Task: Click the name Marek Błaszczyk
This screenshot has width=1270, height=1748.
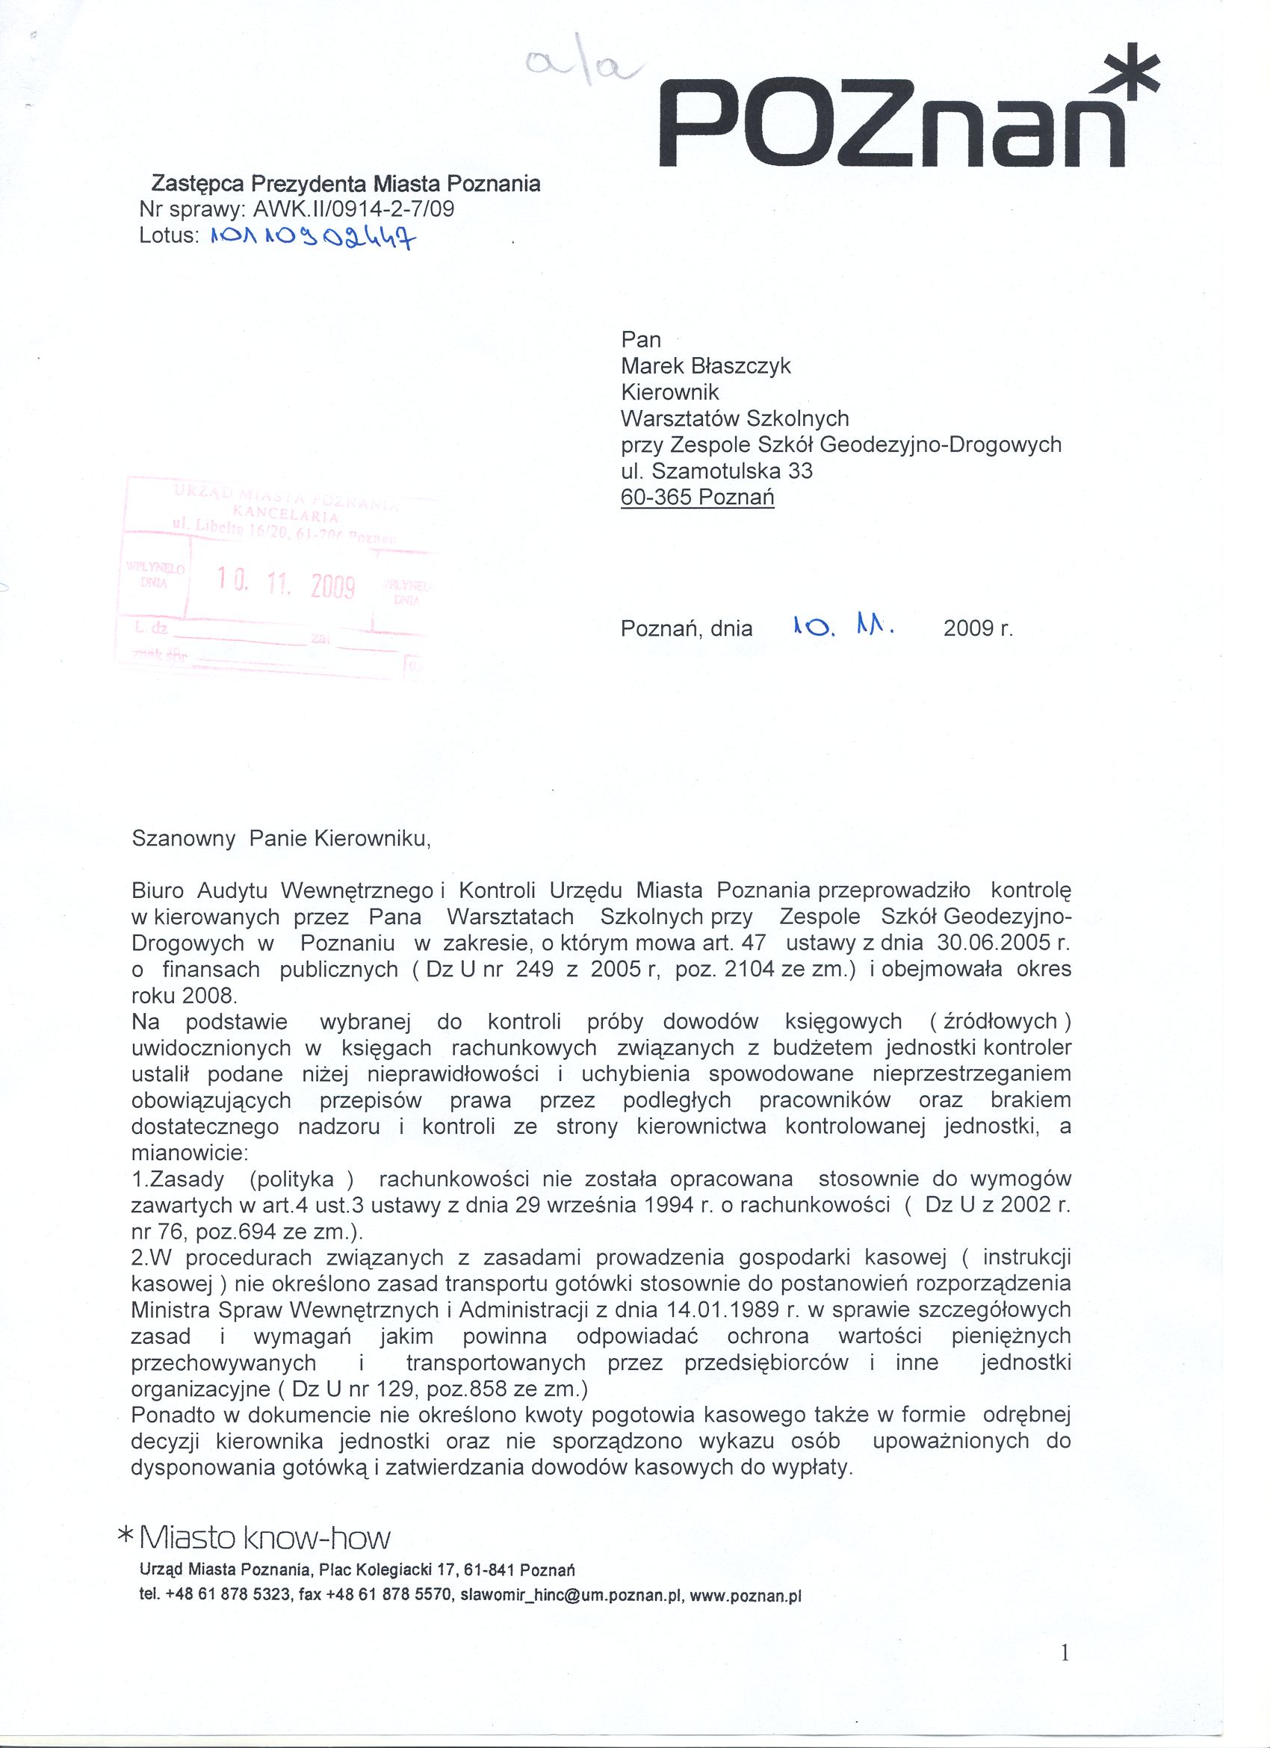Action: point(705,365)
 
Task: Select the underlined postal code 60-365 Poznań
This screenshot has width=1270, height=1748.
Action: point(698,496)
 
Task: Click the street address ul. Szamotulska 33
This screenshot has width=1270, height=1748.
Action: point(716,470)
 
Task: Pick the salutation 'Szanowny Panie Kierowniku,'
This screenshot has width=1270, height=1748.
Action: point(282,840)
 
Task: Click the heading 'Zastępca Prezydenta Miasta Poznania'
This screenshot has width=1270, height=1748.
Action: point(345,185)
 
